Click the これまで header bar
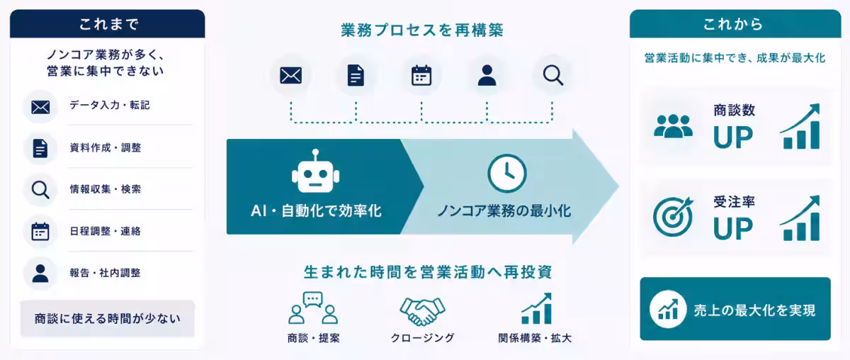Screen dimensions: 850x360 tap(108, 24)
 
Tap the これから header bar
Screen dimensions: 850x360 tap(735, 24)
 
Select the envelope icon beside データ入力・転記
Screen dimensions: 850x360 tap(40, 108)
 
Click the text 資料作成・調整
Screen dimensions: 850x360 tap(105, 147)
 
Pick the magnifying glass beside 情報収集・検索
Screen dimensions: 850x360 tap(40, 190)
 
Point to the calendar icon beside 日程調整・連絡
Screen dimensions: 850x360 tap(40, 231)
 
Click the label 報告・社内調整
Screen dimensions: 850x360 tap(105, 273)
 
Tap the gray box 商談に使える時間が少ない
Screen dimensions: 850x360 tap(108, 318)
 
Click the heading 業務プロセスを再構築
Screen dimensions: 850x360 tap(422, 30)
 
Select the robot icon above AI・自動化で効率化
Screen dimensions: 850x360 tap(315, 171)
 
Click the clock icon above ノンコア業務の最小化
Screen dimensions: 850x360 tap(507, 173)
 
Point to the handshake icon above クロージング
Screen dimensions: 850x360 tap(422, 311)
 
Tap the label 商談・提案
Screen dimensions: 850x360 tap(313, 338)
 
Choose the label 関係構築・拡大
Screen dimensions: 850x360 tap(535, 338)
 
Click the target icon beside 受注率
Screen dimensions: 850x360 tap(673, 217)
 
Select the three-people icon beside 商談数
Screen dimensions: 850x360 tap(673, 125)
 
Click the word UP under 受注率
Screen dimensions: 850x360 tap(732, 229)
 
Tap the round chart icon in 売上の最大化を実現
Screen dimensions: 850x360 tap(668, 309)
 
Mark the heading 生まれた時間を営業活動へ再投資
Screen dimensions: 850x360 tap(428, 272)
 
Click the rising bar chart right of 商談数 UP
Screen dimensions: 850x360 tap(800, 126)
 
